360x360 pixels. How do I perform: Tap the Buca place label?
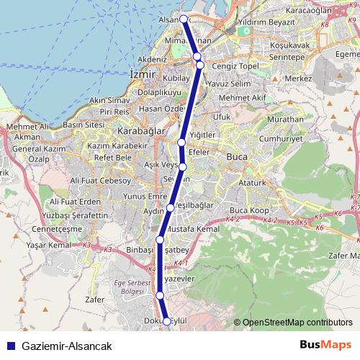click(237, 156)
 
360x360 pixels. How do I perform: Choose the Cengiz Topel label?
click(228, 66)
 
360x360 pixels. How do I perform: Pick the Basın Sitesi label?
click(84, 124)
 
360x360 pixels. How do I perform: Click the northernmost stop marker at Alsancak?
click(183, 19)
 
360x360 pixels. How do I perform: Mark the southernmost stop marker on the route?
click(167, 322)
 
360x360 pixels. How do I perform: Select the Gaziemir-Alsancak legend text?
click(67, 346)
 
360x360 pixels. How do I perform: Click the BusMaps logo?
click(325, 346)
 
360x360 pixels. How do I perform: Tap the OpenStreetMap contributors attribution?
click(297, 323)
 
